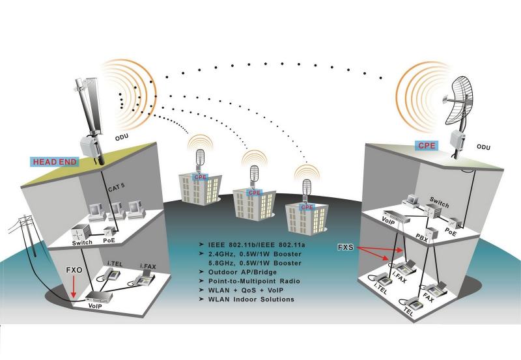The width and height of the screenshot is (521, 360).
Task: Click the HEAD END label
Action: click(55, 161)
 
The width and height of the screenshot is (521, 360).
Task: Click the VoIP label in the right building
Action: click(387, 221)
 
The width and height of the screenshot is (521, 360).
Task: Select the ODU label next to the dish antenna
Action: click(483, 147)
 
